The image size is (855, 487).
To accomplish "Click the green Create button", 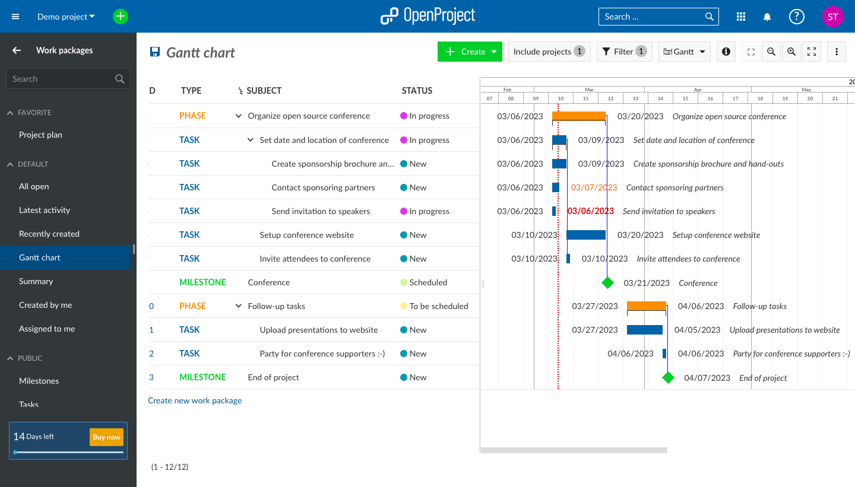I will (x=469, y=52).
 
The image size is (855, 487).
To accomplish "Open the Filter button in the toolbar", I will (x=624, y=52).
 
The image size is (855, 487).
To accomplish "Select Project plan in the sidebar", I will (x=40, y=135).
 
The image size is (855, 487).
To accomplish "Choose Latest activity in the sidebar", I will (x=45, y=210).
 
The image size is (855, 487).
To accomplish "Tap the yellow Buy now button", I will (x=106, y=437).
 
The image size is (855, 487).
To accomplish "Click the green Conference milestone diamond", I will (x=607, y=283).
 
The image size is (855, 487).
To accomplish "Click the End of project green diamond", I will (x=668, y=378).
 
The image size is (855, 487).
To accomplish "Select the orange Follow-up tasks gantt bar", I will (x=646, y=306).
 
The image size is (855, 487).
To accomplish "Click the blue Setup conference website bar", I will (x=585, y=235).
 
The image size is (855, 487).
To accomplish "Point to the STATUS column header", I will (x=417, y=91).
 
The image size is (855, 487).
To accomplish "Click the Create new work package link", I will (x=195, y=400).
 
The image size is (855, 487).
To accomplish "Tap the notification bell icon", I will (x=767, y=17).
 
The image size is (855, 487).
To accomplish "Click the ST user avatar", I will (x=832, y=17).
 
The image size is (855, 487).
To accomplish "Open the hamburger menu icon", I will (x=16, y=17).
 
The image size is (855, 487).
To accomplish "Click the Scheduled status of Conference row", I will (x=427, y=282).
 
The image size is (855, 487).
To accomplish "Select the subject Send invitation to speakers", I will (x=321, y=211).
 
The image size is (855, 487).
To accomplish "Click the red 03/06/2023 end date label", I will (x=591, y=211).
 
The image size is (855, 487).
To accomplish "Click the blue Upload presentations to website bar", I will (x=644, y=330).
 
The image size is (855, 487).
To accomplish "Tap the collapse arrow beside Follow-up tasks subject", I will (x=239, y=306).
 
